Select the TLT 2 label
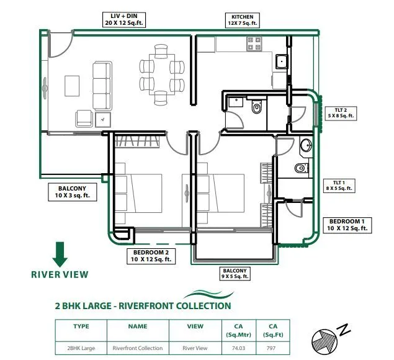(340, 112)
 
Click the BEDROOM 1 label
(349, 225)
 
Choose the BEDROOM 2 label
(151, 256)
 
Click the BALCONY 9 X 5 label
(235, 274)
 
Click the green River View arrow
(60, 254)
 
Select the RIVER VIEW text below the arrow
(60, 274)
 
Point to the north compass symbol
(327, 339)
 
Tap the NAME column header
(137, 325)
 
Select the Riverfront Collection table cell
(137, 348)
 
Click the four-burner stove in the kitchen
(254, 43)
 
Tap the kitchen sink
(281, 61)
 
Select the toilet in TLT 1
(301, 168)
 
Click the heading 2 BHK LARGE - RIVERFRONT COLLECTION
(143, 305)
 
